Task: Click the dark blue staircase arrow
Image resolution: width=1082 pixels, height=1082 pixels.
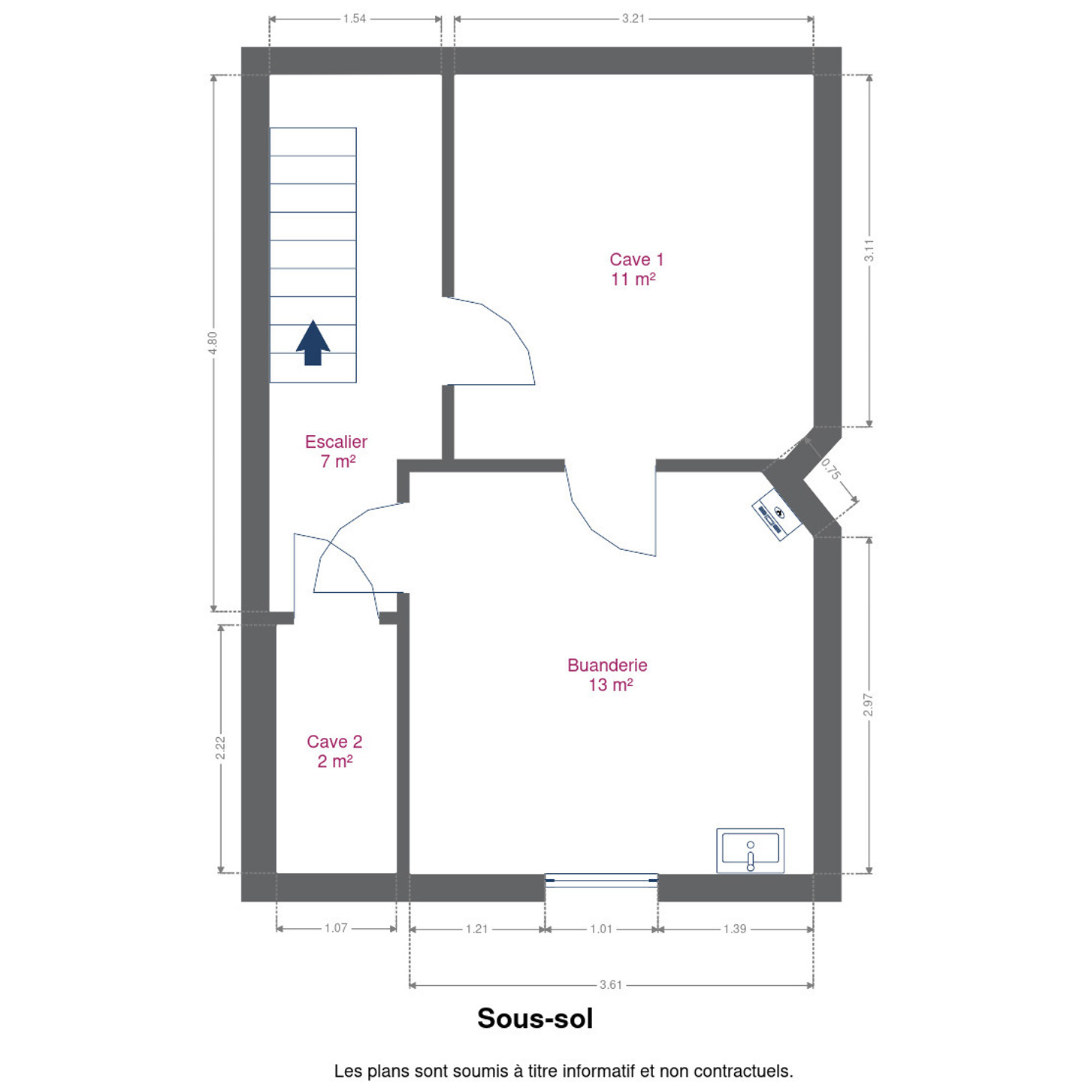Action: tap(313, 343)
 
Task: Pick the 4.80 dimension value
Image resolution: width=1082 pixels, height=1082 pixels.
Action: tap(212, 343)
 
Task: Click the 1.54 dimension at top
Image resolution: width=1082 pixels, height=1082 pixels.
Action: tap(355, 19)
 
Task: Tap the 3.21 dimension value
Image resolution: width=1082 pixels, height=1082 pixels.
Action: tap(633, 19)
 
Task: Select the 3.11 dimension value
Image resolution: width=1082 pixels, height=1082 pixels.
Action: tap(869, 250)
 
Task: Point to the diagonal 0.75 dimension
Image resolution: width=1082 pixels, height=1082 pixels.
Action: tap(831, 470)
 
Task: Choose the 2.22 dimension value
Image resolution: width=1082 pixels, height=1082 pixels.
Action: tap(220, 748)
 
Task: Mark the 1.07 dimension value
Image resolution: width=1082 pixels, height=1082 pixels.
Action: tap(336, 927)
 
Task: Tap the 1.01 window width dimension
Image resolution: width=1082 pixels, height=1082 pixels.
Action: tap(601, 929)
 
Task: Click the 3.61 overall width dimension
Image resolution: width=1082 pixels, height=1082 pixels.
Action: tap(610, 984)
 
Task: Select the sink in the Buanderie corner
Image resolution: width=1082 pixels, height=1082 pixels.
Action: tap(750, 850)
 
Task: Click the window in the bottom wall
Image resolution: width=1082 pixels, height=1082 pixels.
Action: tap(601, 881)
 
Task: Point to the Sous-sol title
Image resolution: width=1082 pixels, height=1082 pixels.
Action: tap(535, 1018)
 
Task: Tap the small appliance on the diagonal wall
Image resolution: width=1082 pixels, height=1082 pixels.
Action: tap(777, 515)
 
